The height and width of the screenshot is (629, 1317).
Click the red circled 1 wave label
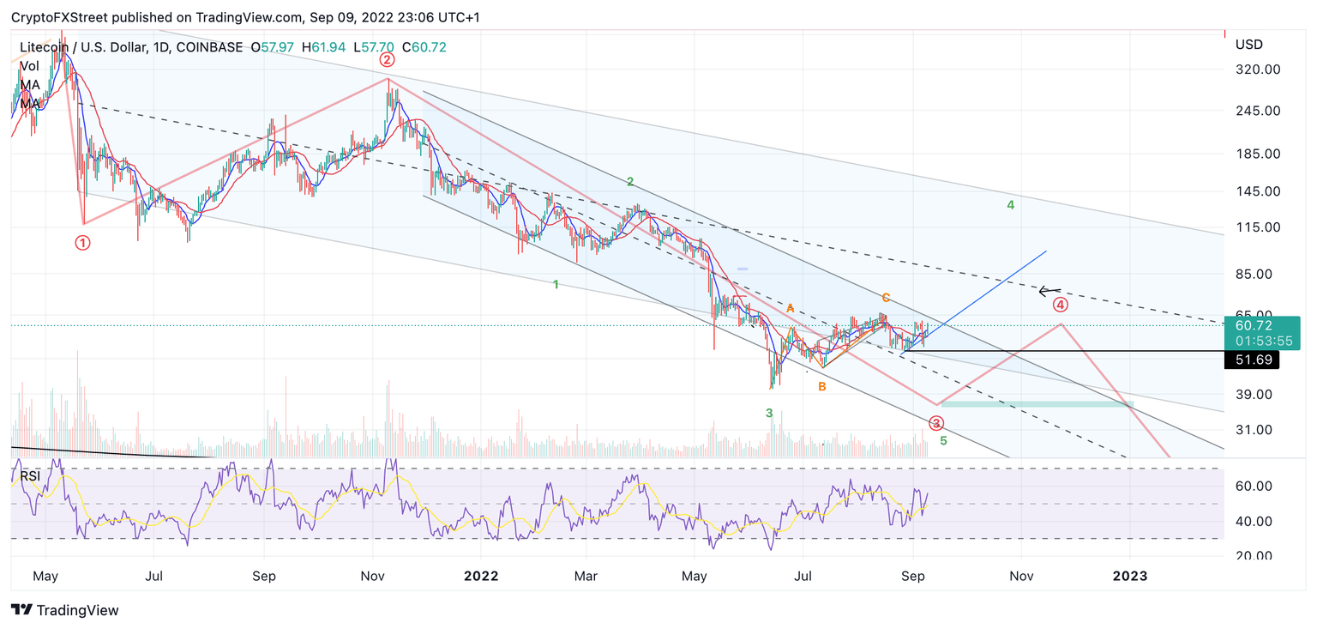[82, 243]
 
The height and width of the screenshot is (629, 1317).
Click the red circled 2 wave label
[387, 59]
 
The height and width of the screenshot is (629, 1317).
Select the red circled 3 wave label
[936, 423]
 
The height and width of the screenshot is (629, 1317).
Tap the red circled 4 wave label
[1061, 305]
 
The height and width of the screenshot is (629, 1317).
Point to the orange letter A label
[790, 308]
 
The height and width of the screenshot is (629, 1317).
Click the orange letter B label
[821, 387]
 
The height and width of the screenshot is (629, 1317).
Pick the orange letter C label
[886, 298]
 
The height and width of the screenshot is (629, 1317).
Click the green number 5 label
[943, 441]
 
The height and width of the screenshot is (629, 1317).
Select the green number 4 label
[1011, 205]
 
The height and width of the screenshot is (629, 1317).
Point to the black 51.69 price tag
[1251, 361]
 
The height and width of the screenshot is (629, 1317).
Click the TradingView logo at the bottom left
[65, 610]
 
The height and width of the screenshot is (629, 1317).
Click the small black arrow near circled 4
[1049, 291]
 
